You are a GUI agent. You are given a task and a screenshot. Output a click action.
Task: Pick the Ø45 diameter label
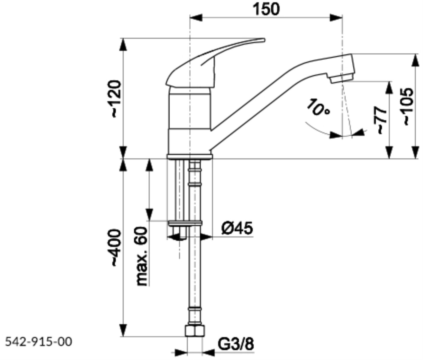(237, 229)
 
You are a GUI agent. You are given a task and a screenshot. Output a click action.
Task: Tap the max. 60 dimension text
(142, 256)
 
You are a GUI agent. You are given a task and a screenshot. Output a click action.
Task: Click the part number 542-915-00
(39, 342)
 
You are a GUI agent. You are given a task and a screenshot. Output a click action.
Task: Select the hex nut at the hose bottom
(194, 331)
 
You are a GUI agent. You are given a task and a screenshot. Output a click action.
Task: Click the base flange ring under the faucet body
(189, 156)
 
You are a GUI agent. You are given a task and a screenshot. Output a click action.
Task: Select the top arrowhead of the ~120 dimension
(123, 44)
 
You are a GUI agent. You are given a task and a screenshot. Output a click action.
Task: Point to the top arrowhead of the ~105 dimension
(416, 59)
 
